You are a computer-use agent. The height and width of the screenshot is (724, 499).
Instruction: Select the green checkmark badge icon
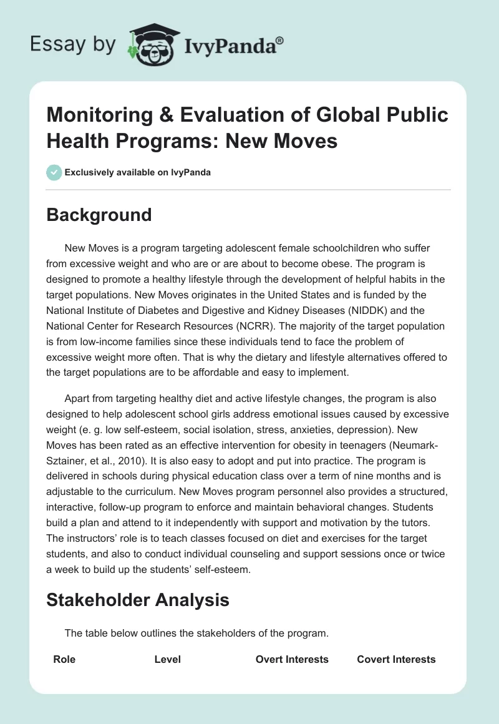click(x=54, y=172)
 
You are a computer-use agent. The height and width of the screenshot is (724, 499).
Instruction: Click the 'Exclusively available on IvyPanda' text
click(x=137, y=172)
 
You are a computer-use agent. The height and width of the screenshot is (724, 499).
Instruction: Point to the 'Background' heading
click(x=99, y=215)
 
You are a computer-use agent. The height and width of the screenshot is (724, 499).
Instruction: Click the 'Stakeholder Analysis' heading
click(x=138, y=600)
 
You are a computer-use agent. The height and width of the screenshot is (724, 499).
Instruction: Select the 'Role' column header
click(x=64, y=659)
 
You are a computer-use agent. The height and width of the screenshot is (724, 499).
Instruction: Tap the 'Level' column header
click(x=168, y=659)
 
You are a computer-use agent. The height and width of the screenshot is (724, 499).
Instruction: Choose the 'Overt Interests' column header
click(x=292, y=659)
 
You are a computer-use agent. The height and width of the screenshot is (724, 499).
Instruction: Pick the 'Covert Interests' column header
click(x=396, y=659)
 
